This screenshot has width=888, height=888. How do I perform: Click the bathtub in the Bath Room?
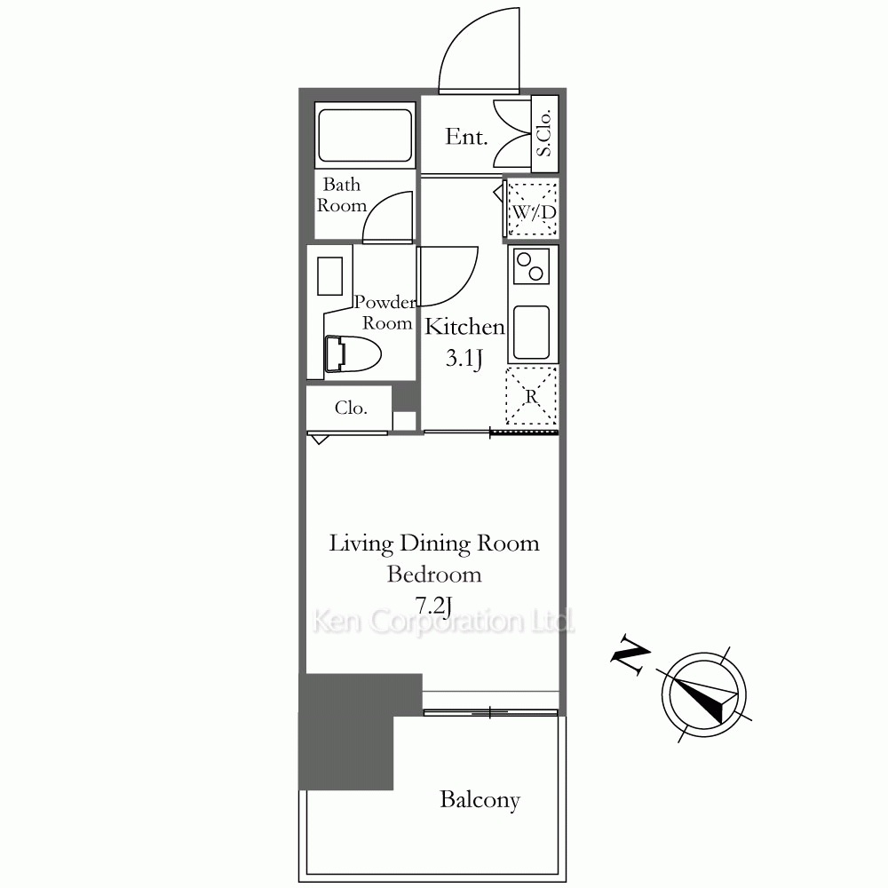365,135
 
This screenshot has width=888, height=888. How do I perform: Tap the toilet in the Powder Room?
353,354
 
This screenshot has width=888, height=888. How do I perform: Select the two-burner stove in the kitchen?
531,266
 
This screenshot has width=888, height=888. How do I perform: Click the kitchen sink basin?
531,332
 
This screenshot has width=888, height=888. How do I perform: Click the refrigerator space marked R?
531,395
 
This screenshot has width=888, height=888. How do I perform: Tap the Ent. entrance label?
466,137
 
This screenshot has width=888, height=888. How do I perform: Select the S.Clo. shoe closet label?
543,133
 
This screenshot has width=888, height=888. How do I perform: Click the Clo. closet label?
351,408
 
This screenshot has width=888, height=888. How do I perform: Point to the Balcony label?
480,800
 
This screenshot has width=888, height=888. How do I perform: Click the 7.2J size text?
434,606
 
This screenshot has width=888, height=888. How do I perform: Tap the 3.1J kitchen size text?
464,359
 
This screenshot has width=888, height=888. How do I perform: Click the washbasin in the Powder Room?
329,276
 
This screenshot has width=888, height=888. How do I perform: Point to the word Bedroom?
434,575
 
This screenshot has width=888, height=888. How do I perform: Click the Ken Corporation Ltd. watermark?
444,622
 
